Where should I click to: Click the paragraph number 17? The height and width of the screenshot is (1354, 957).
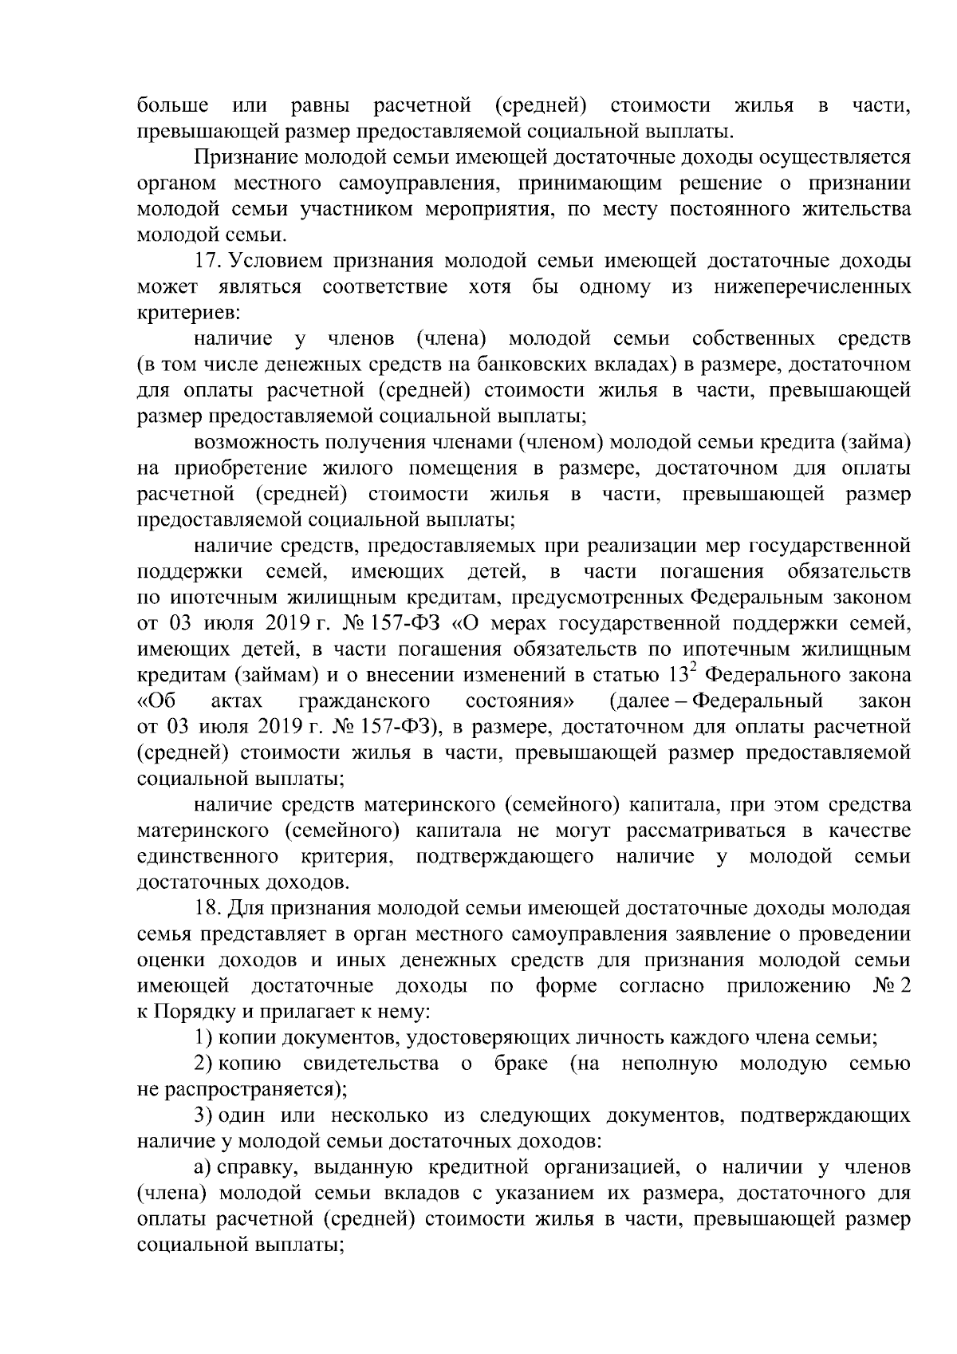click(x=206, y=262)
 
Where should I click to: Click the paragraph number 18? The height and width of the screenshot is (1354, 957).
click(x=206, y=908)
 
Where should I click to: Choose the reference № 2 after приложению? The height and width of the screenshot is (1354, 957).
click(x=891, y=986)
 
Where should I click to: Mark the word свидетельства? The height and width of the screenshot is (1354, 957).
click(x=371, y=1064)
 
